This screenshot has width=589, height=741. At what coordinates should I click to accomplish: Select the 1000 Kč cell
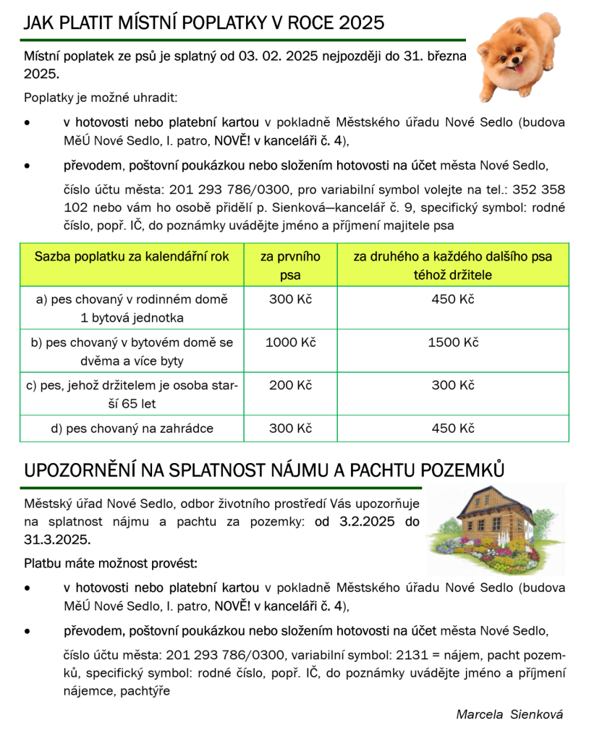pos(290,342)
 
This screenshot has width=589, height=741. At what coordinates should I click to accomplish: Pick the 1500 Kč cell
pos(452,342)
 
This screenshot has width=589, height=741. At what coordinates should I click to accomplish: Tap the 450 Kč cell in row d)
pos(452,428)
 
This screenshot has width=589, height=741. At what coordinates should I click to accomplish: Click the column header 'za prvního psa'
pos(290,266)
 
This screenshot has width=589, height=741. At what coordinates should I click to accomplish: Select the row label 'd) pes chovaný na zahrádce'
pos(132,428)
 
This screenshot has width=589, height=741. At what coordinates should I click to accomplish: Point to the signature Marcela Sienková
pos(509,714)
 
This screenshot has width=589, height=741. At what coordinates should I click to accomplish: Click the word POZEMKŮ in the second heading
pos(462,470)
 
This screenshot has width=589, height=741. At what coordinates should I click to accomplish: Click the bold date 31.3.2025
pos(56,540)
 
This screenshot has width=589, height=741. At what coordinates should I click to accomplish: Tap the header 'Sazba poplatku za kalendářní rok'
pos(132,257)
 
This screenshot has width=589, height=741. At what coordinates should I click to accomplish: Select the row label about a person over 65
pos(132,394)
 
